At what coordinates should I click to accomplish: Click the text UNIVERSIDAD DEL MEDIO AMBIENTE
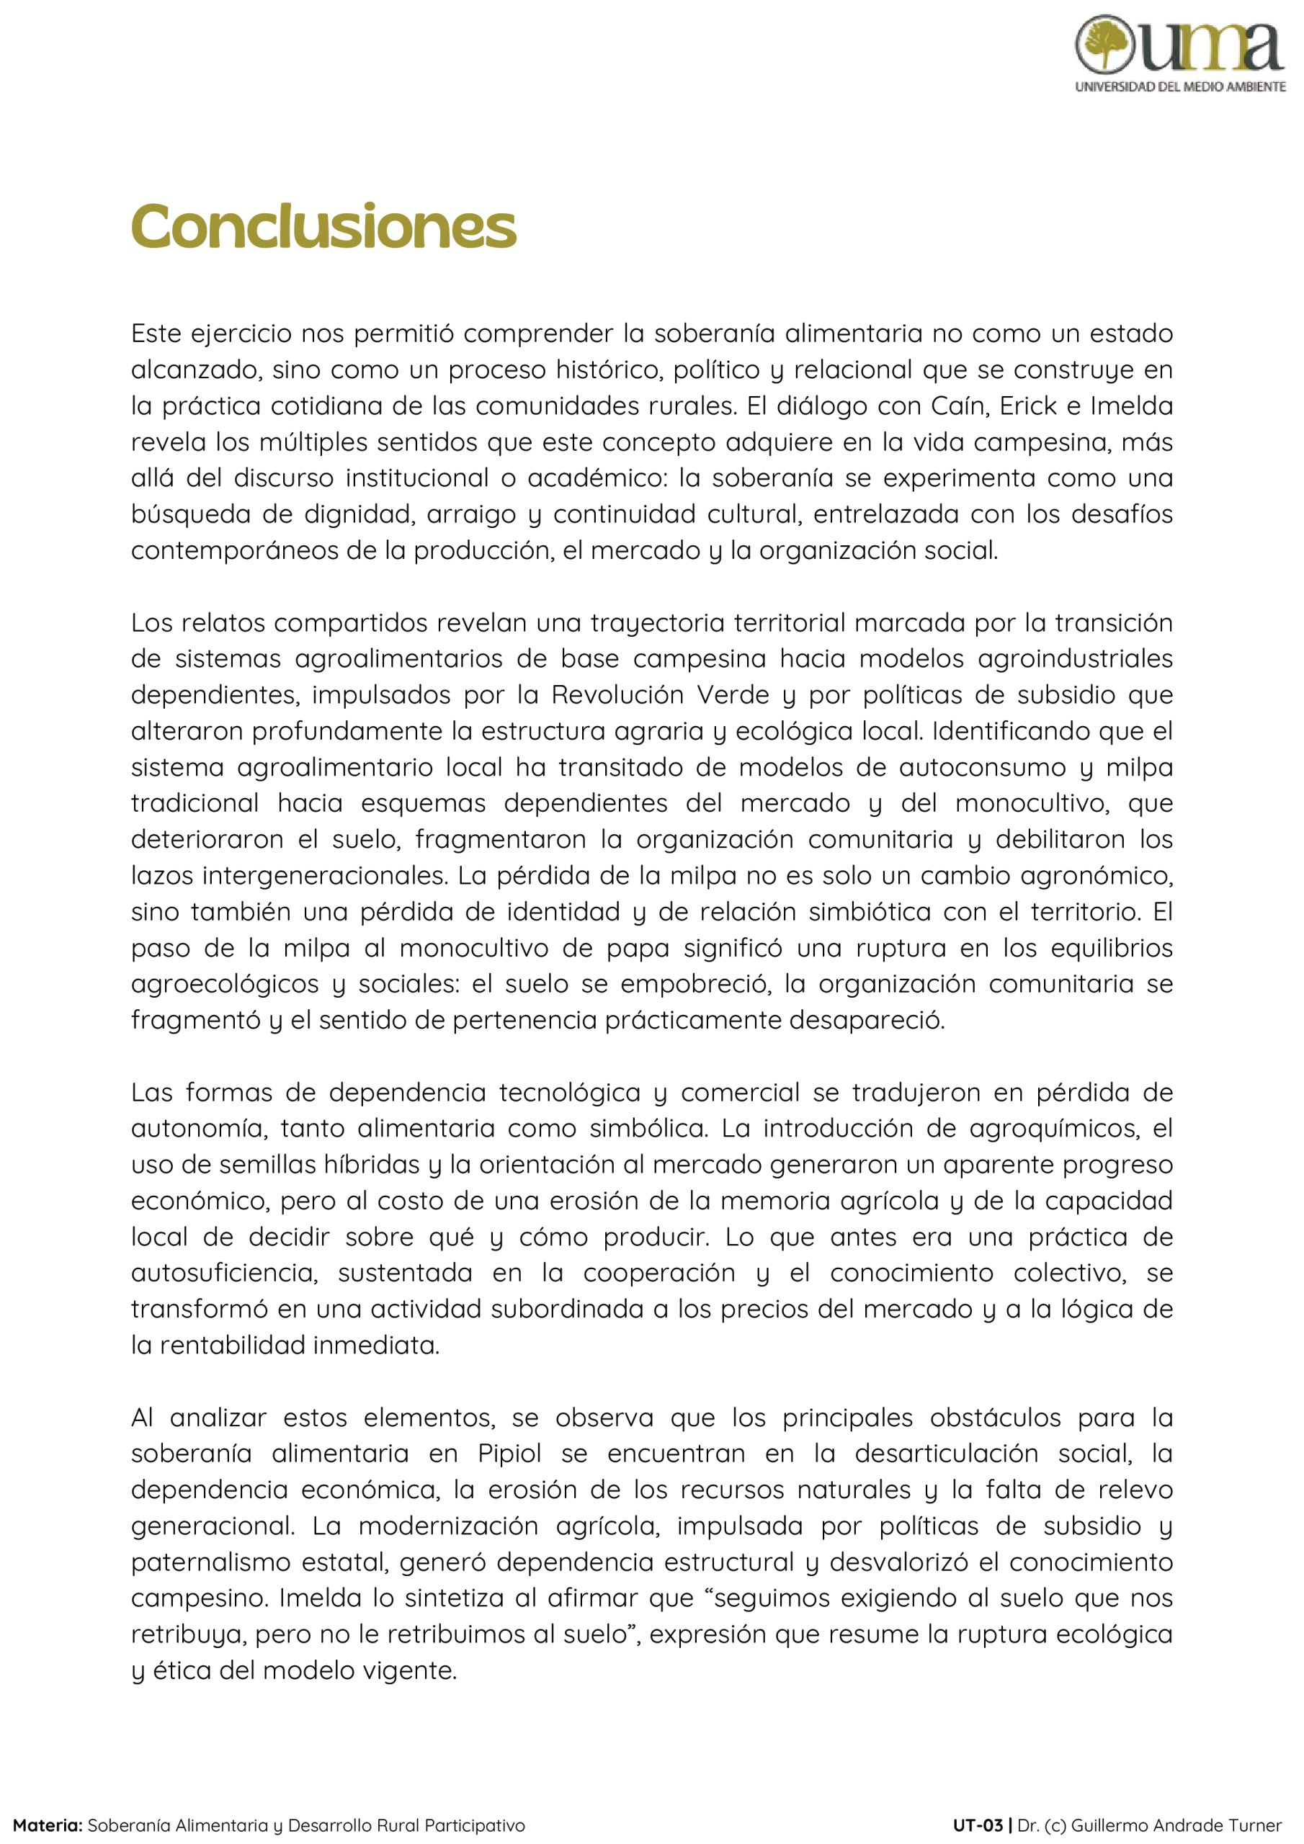coord(1180,86)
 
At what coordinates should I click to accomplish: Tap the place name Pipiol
coord(509,1454)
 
